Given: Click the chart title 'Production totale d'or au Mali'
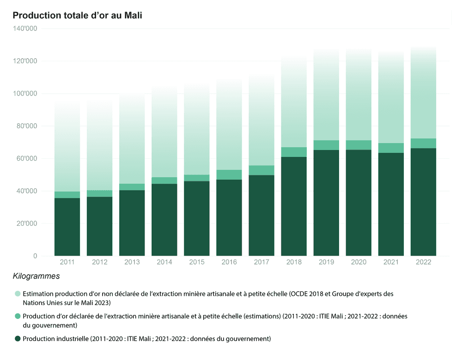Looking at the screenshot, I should [x=77, y=15].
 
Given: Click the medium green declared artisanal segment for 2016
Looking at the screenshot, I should [x=229, y=174].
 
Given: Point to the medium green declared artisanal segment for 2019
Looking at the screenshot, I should [x=326, y=145].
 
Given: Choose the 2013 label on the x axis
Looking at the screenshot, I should [x=132, y=262].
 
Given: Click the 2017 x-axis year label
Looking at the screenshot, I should [x=261, y=262].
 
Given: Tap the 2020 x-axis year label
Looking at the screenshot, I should [x=359, y=262].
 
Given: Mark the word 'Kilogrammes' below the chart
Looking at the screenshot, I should [x=36, y=277].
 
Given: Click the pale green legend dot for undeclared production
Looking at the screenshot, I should [x=18, y=294].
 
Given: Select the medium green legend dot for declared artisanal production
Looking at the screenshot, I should [x=18, y=316].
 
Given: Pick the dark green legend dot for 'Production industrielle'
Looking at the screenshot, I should [x=18, y=339].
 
